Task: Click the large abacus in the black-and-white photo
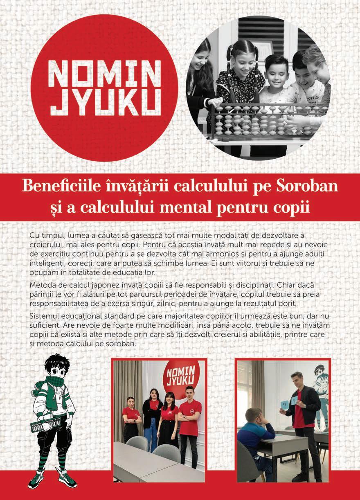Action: click(266, 119)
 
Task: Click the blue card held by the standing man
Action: click(285, 404)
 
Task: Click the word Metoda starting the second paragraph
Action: click(43, 284)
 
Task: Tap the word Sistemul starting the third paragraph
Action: click(44, 316)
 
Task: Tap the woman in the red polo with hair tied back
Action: click(131, 417)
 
